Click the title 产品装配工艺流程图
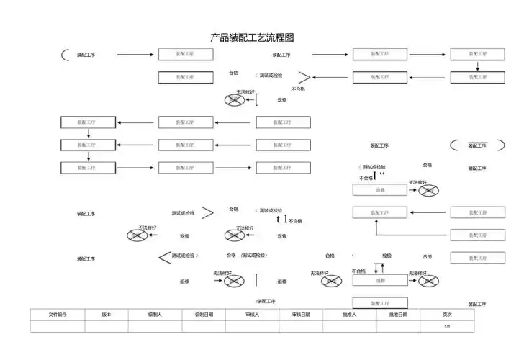point(252,37)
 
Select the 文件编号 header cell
point(58,315)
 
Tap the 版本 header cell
point(107,315)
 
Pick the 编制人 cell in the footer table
point(155,315)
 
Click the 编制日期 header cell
point(204,315)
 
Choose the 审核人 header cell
point(252,315)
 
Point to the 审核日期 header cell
point(301,315)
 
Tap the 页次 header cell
point(447,315)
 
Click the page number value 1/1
point(447,326)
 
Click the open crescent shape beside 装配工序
point(66,55)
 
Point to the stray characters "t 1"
point(282,219)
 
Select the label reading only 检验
point(387,256)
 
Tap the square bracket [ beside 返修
point(256,100)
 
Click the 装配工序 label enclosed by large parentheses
point(477,145)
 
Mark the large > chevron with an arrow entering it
point(304,78)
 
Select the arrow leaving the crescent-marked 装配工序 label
point(135,55)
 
